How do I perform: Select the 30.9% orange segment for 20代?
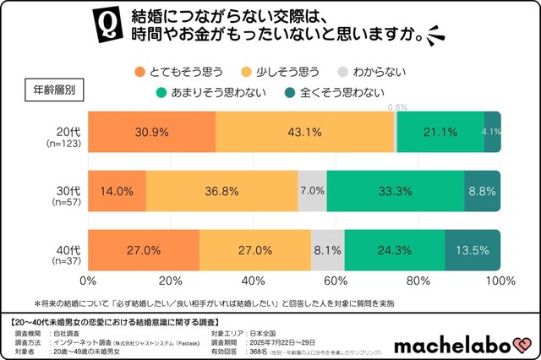click(x=151, y=132)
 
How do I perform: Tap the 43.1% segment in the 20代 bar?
click(x=304, y=132)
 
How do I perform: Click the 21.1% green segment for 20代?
click(x=440, y=132)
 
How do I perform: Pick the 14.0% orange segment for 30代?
click(x=117, y=191)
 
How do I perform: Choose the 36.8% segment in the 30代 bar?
click(x=221, y=191)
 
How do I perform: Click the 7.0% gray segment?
click(x=312, y=191)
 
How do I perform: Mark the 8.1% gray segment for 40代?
click(x=328, y=250)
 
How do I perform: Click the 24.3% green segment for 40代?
click(x=395, y=250)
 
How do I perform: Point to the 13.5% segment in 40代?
click(x=473, y=250)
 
